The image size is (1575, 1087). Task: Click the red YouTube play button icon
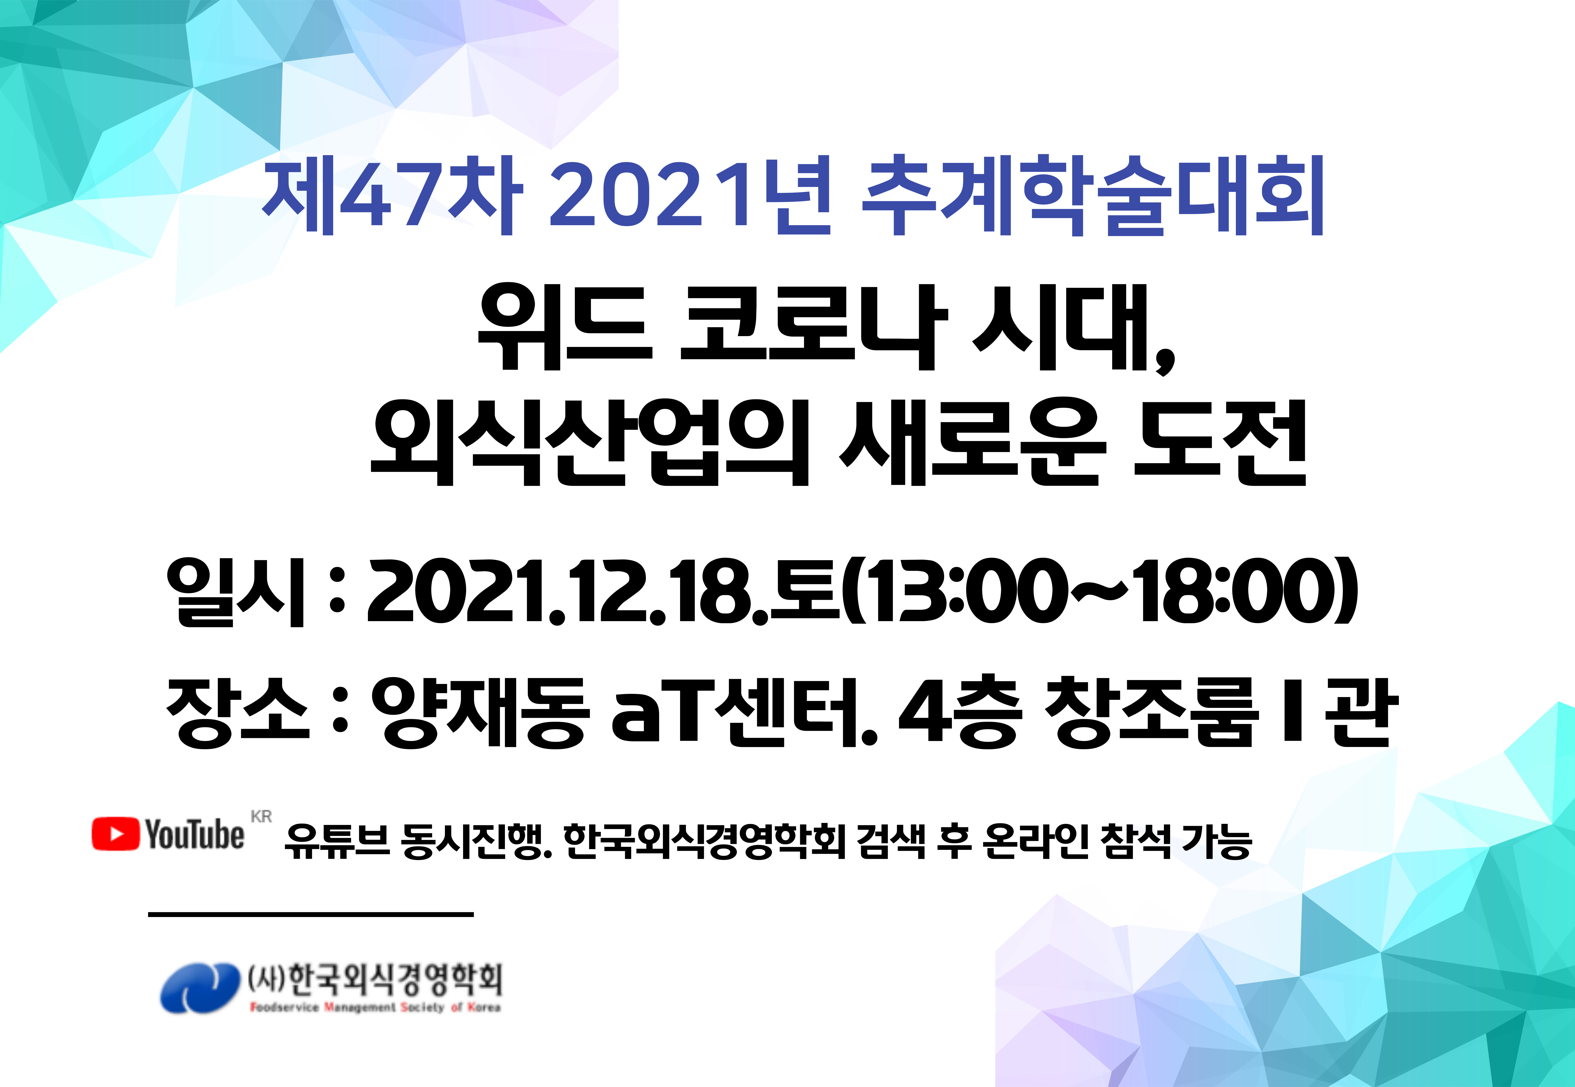(x=115, y=834)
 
